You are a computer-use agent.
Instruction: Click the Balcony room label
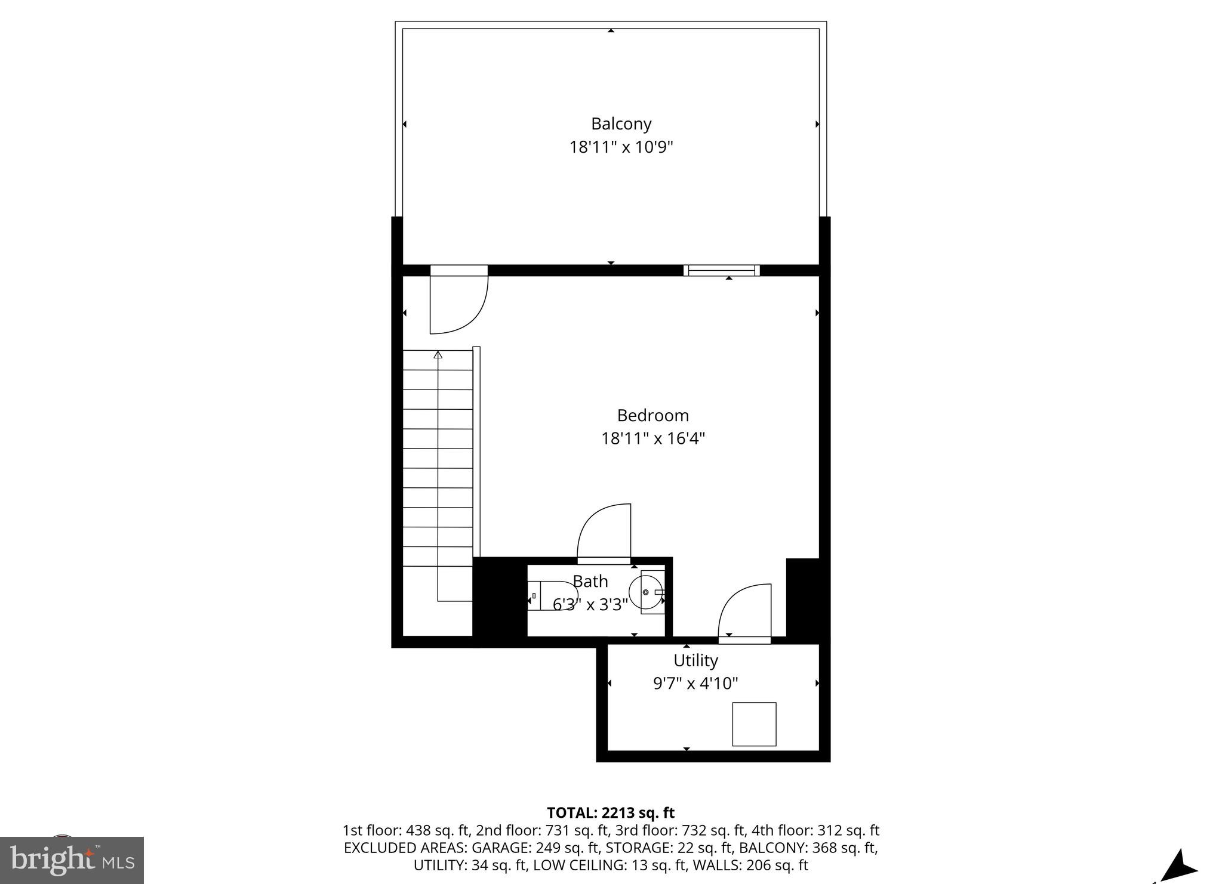point(621,123)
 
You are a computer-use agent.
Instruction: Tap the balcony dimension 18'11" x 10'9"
point(621,147)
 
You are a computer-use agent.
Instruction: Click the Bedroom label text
point(652,415)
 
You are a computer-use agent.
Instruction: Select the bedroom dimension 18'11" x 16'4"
point(652,438)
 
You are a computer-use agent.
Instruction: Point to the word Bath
point(590,581)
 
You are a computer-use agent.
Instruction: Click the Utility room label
point(695,660)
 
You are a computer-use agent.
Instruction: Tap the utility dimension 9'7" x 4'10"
point(695,683)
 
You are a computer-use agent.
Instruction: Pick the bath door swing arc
point(603,531)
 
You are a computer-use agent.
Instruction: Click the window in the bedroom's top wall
point(721,270)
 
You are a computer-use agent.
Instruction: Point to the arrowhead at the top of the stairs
point(438,356)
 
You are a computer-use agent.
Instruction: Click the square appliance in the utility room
point(754,724)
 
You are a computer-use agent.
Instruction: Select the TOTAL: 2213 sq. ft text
point(610,812)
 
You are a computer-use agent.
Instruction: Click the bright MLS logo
point(72,860)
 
